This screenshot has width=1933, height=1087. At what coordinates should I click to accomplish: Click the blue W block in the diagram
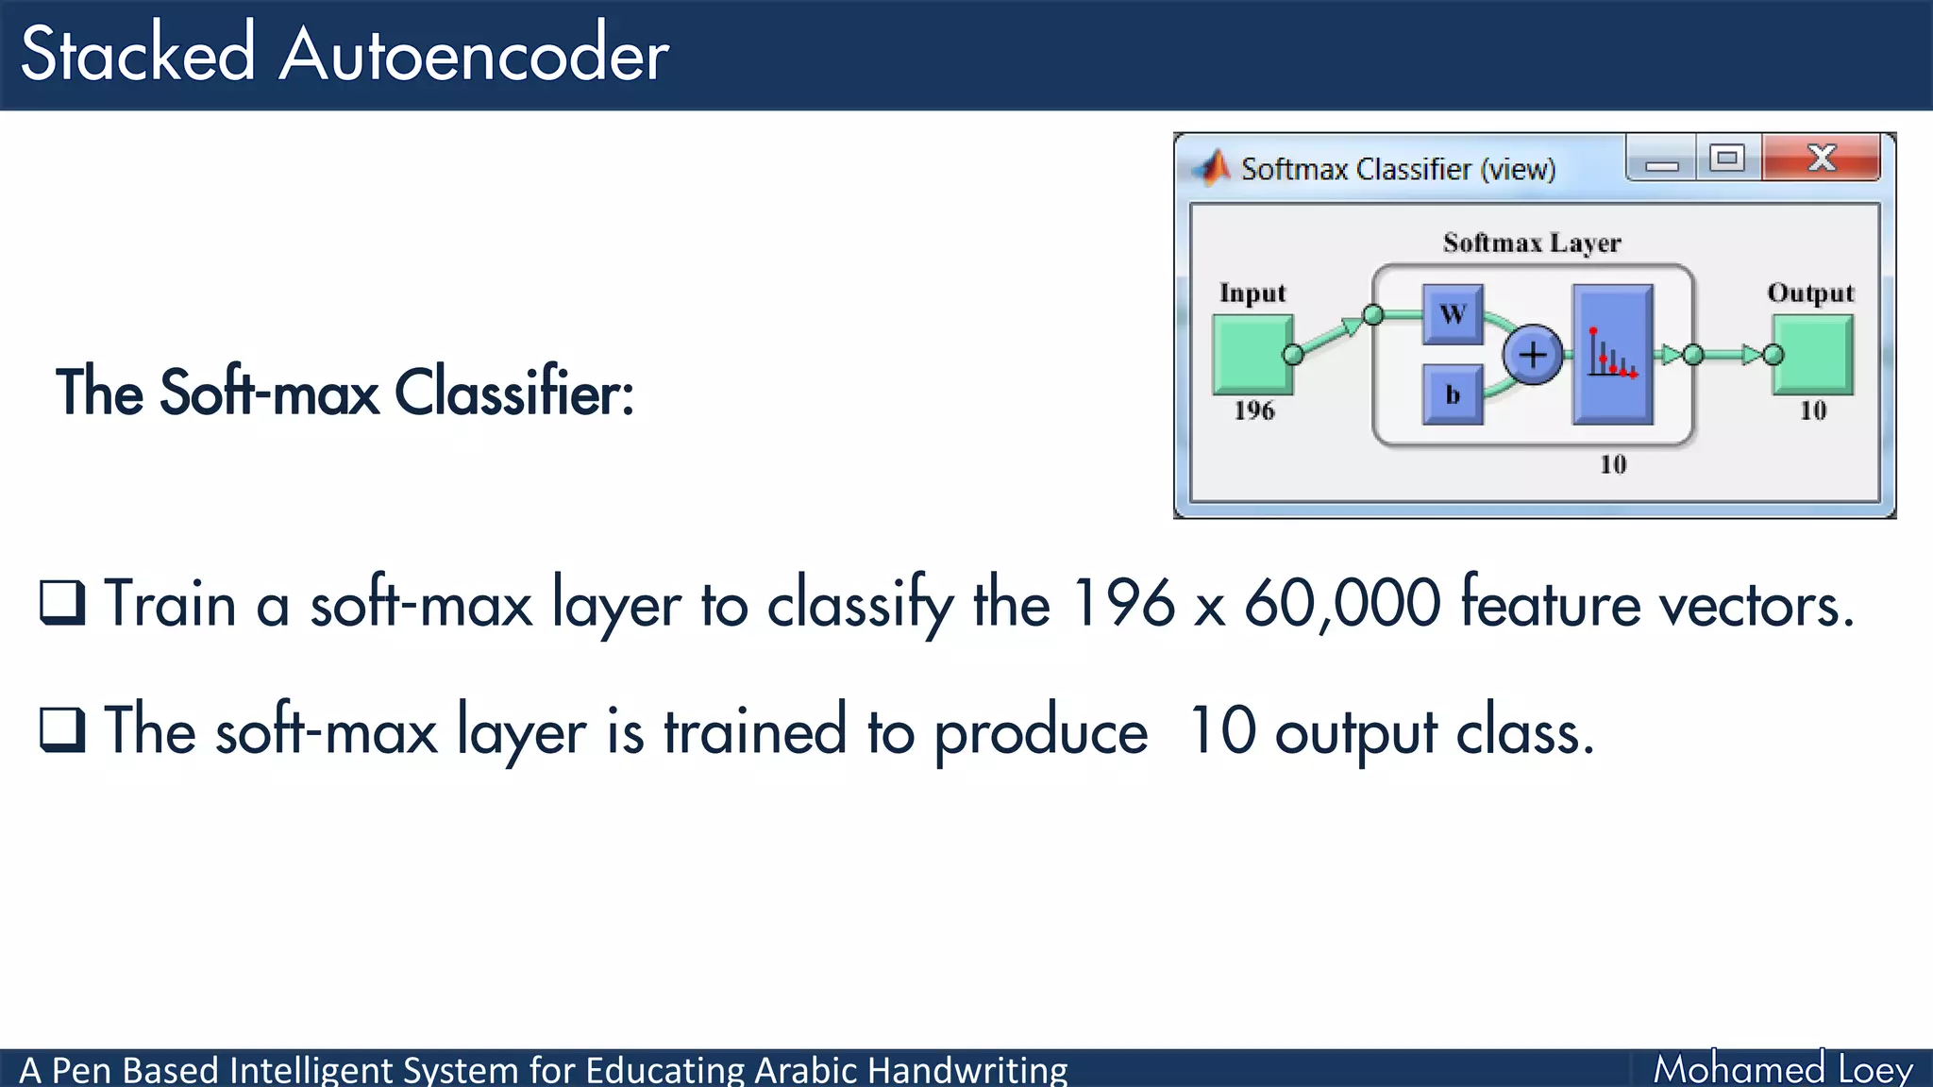pos(1453,314)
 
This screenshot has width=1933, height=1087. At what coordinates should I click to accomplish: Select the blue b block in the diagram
pos(1453,394)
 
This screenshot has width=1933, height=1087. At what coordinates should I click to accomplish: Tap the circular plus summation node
pos(1533,355)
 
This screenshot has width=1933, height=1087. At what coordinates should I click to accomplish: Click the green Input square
pos(1252,355)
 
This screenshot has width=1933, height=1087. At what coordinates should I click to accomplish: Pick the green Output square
pos(1813,355)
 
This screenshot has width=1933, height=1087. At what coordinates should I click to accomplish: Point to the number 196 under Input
pos(1253,410)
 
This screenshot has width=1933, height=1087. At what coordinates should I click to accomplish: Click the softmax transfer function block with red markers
pos(1612,355)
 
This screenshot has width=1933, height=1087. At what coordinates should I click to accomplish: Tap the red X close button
pos(1821,158)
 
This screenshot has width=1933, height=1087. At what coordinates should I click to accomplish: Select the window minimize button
pos(1661,159)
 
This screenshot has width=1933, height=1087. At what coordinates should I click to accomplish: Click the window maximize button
pos(1727,158)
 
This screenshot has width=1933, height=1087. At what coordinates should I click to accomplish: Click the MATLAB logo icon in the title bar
pos(1212,168)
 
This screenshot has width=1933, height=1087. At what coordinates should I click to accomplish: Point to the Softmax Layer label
pos(1532,243)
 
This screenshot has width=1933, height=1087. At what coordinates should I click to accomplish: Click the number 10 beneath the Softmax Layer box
pos(1613,464)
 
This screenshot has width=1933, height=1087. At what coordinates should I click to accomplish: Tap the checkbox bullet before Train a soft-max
pos(62,603)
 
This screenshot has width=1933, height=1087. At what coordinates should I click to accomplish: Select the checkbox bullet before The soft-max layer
pos(62,729)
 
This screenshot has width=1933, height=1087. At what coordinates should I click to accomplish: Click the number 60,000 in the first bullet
pos(1342,604)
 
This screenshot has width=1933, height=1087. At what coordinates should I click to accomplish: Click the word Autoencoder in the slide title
pos(474,55)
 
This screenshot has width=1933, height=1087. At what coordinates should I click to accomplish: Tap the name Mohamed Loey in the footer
pos(1782,1069)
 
